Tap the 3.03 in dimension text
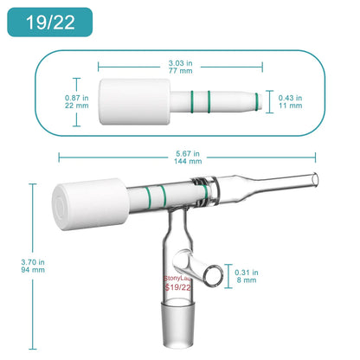[179, 63]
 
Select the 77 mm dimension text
[179, 72]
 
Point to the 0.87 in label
[54, 97]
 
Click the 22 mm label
[54, 106]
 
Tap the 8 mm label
[247, 280]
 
